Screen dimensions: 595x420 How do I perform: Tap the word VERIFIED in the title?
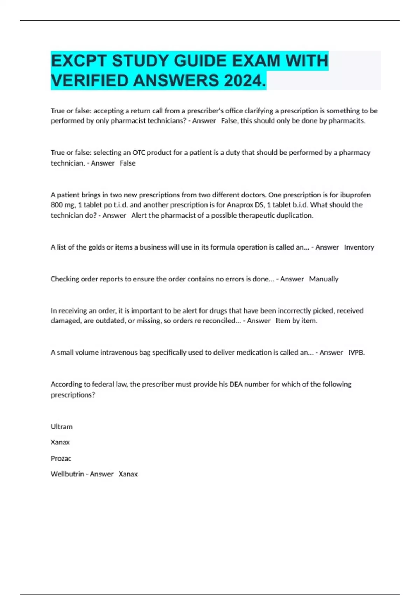pos(90,81)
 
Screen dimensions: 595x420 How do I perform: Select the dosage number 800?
pos(57,205)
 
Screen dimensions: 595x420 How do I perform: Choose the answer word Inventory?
pos(359,247)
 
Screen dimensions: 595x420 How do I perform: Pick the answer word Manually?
pos(324,279)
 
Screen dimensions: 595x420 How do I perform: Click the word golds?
pos(95,247)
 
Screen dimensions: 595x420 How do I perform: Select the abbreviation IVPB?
pos(356,352)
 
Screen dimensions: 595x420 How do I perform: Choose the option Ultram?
pos(62,427)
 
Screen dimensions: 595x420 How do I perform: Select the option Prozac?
pos(61,458)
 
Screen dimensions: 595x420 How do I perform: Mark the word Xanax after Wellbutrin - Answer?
pos(128,474)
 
